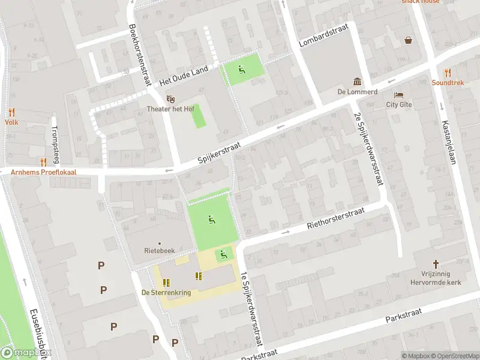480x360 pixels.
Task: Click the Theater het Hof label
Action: [x=171, y=109]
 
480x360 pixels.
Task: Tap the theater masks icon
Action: [x=171, y=99]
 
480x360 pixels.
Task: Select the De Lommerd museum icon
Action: [x=357, y=82]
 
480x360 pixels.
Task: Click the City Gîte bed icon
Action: [x=398, y=95]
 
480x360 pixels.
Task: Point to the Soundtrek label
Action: [x=448, y=83]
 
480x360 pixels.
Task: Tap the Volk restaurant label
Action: [x=11, y=122]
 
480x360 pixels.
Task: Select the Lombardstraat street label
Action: [x=323, y=39]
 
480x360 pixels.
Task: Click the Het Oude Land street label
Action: [x=184, y=77]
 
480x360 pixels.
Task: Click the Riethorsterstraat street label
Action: [x=336, y=218]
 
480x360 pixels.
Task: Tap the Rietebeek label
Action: [x=159, y=252]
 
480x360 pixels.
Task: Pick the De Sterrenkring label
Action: [x=166, y=293]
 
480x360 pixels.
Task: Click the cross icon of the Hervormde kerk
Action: [x=436, y=264]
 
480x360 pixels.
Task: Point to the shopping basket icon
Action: [x=409, y=40]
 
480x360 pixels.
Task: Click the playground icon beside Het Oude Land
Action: [x=242, y=70]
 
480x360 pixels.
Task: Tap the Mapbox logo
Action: [x=25, y=353]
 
